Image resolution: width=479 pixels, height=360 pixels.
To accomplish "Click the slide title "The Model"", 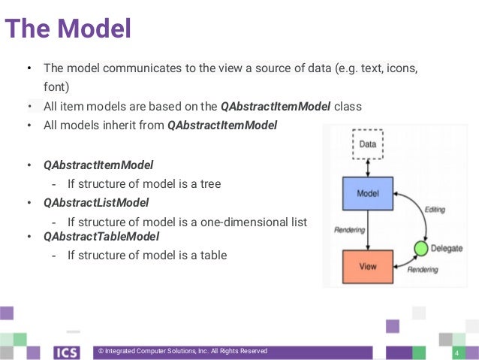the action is pyautogui.click(x=68, y=29).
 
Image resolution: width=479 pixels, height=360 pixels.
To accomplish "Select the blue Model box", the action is pyautogui.click(x=368, y=194).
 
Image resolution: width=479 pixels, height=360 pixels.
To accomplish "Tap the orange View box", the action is pyautogui.click(x=368, y=266).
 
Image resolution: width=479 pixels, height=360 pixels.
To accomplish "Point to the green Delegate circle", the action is pyautogui.click(x=421, y=247).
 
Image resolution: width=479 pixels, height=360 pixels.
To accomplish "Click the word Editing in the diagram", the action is pyautogui.click(x=435, y=210).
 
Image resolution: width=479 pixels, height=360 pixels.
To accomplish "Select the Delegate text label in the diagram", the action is pyautogui.click(x=447, y=247).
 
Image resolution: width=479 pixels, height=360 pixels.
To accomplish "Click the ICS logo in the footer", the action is pyautogui.click(x=67, y=352).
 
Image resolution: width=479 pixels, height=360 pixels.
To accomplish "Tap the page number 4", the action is pyautogui.click(x=456, y=353).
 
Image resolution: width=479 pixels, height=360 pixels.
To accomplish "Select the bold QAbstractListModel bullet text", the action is pyautogui.click(x=96, y=202).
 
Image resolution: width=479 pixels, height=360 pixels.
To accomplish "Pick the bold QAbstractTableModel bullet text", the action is pyautogui.click(x=101, y=237).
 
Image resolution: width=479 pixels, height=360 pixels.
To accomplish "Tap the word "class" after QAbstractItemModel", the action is pyautogui.click(x=348, y=107).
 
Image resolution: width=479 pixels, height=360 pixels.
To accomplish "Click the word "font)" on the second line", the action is pyautogui.click(x=56, y=86).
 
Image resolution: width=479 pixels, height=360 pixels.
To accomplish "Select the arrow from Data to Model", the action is pyautogui.click(x=368, y=168).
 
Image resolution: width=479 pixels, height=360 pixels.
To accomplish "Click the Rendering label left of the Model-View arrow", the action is pyautogui.click(x=349, y=230).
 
